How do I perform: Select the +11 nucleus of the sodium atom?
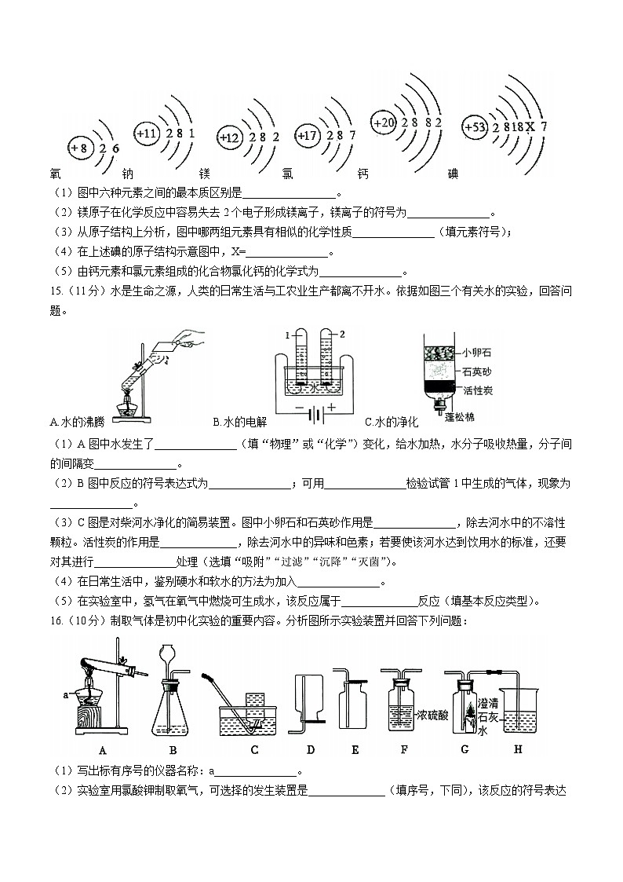click(x=147, y=134)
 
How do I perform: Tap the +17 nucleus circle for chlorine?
click(x=307, y=136)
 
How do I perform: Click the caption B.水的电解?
click(x=239, y=422)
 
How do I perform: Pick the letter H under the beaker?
click(x=517, y=749)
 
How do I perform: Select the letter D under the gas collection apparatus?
click(x=311, y=749)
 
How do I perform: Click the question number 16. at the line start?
click(x=56, y=620)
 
